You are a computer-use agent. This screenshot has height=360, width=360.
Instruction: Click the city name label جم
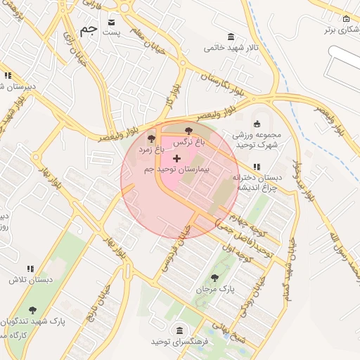[x=88, y=30]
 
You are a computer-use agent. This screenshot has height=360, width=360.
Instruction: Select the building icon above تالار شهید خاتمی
[x=231, y=37]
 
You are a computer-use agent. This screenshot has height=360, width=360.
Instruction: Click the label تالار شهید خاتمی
[x=225, y=49]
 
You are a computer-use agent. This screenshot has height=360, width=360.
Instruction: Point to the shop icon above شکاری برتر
[x=346, y=18]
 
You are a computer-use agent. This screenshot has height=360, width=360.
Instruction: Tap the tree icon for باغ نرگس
[x=188, y=131]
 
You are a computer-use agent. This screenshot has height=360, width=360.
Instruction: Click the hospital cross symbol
[x=176, y=160]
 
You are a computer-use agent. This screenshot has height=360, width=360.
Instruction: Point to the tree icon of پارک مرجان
[x=214, y=278]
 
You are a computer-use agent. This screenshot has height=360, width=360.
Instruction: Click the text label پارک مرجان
[x=216, y=289]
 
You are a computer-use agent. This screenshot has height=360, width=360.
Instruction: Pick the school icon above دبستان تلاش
[x=30, y=269]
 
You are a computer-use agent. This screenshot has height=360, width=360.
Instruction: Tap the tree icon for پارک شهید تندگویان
[x=32, y=310]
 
